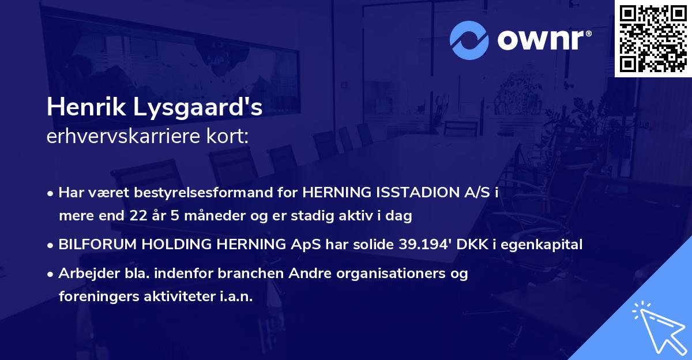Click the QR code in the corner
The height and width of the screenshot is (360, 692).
tap(653, 39)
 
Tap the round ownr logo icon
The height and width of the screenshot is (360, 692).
tap(469, 40)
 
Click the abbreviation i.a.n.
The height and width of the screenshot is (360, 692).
tap(234, 297)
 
